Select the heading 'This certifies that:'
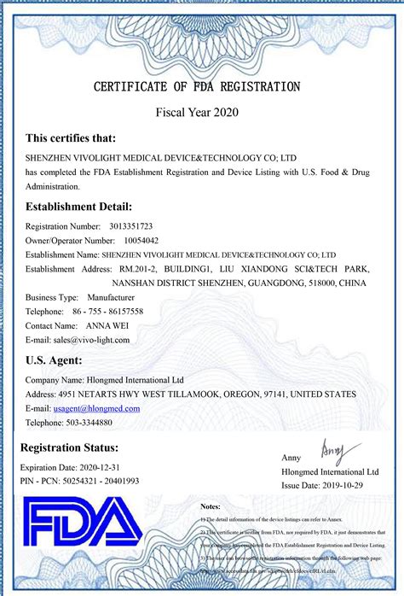[x=71, y=138]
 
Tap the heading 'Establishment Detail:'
[x=78, y=207]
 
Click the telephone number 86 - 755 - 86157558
[x=108, y=311]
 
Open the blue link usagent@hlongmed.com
[x=96, y=408]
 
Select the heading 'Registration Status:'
[x=70, y=448]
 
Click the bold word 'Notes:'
[x=211, y=506]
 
